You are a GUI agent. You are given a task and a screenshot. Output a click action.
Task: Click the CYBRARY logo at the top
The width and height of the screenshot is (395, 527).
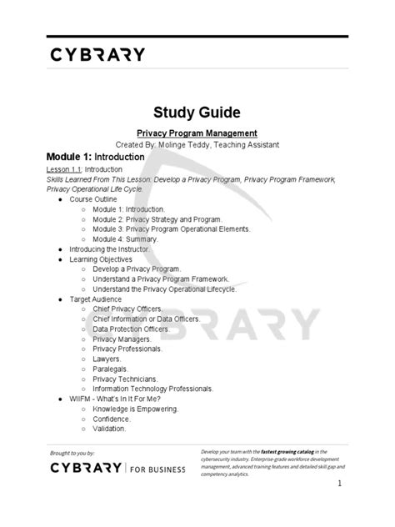(x=97, y=55)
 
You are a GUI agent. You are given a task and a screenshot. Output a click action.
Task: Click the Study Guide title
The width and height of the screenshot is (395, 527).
(x=197, y=110)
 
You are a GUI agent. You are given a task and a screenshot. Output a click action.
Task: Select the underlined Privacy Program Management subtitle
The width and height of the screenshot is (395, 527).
(x=197, y=133)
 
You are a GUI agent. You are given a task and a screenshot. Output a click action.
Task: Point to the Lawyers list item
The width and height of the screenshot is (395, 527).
(x=107, y=359)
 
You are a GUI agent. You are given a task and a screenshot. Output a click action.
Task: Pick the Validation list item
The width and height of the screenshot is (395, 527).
(x=109, y=429)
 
